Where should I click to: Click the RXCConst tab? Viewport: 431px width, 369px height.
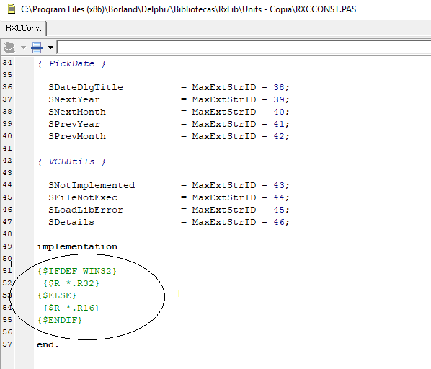[x=24, y=28]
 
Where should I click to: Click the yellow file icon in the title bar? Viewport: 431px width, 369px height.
[x=12, y=9]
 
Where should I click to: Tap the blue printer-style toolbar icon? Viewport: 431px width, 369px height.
[x=37, y=48]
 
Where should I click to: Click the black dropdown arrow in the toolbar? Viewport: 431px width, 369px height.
[x=50, y=48]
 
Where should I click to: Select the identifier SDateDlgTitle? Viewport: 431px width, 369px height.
[x=86, y=87]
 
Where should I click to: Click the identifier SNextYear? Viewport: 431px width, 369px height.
[x=74, y=99]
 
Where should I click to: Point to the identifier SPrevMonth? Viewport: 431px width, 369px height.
[x=77, y=136]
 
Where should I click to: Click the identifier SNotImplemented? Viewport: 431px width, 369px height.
[x=92, y=185]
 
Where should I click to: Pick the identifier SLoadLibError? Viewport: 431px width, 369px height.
[x=86, y=210]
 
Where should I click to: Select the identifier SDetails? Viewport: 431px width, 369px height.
[x=71, y=222]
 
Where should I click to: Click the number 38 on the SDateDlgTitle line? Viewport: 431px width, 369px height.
[x=279, y=87]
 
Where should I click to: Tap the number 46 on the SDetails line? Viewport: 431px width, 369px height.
[x=279, y=222]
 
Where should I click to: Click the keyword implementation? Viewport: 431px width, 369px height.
[x=77, y=246]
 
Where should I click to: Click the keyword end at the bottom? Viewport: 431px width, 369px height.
[x=45, y=344]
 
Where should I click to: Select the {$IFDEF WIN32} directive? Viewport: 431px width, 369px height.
[x=77, y=271]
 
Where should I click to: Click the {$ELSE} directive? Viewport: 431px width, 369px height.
[x=57, y=295]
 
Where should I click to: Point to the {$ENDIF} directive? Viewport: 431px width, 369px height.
[x=60, y=320]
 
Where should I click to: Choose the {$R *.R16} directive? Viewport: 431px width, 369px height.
[x=71, y=308]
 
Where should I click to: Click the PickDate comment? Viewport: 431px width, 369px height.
[x=72, y=63]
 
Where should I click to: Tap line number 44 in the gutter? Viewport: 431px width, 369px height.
[x=7, y=185]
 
